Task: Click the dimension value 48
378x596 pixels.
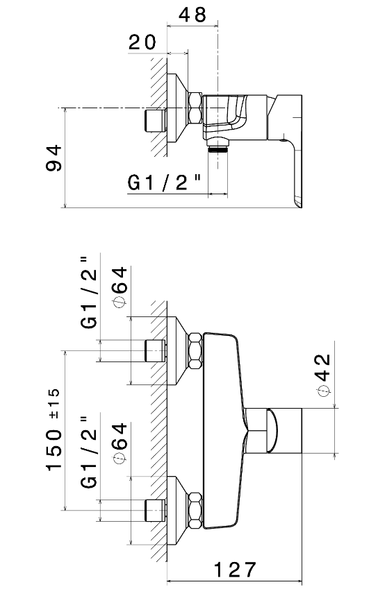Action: pos(192,15)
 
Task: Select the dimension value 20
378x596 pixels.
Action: pos(142,42)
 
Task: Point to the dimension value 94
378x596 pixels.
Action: pos(54,158)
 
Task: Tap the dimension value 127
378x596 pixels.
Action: pos(235,570)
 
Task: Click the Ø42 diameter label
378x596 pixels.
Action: pos(324,375)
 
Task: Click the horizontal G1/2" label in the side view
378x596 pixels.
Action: pos(165,183)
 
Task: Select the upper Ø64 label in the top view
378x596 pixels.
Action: pos(120,287)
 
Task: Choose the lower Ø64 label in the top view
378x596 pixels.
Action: pos(120,443)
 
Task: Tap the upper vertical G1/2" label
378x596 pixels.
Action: pos(89,293)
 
